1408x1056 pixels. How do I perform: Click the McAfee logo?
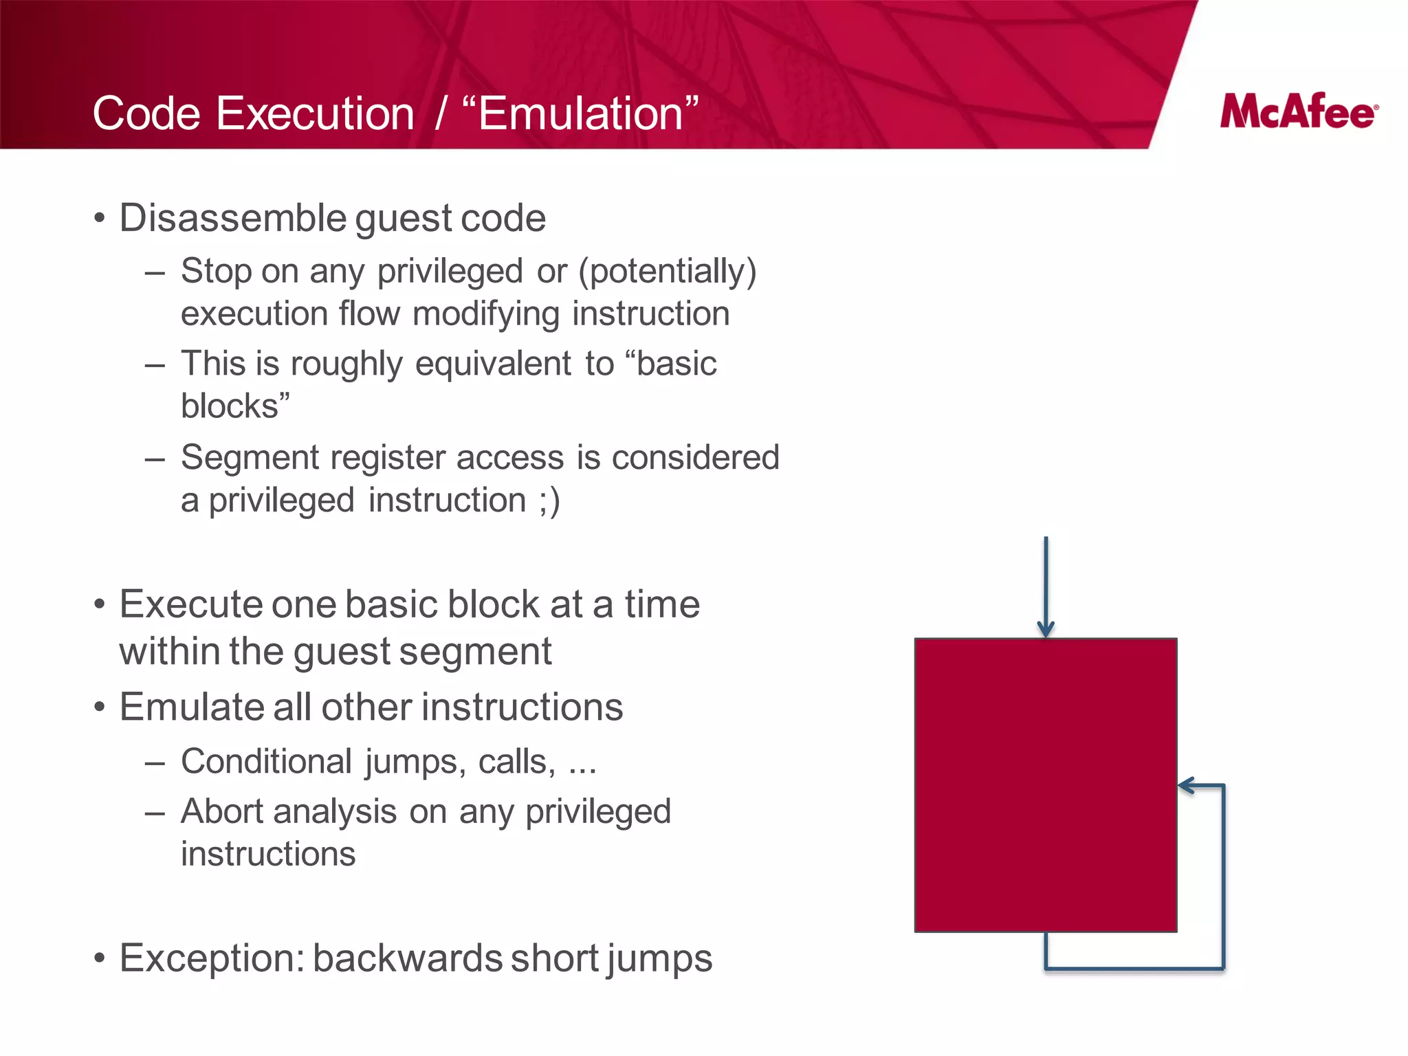(x=1299, y=111)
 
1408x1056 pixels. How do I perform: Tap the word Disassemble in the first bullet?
(x=233, y=219)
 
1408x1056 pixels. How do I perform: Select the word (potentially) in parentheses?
(x=667, y=271)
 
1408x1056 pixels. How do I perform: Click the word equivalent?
(x=493, y=364)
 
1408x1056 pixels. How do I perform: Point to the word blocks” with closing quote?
(x=235, y=406)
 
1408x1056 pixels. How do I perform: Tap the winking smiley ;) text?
(x=549, y=500)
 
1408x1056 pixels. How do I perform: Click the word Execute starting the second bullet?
(x=190, y=604)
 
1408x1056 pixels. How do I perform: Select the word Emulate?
(x=190, y=707)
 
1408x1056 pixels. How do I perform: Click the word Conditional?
(x=267, y=762)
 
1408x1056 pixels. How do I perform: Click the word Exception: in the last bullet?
(x=212, y=958)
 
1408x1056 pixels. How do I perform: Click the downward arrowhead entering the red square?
(x=1046, y=630)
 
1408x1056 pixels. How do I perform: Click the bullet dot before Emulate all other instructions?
(x=100, y=707)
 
